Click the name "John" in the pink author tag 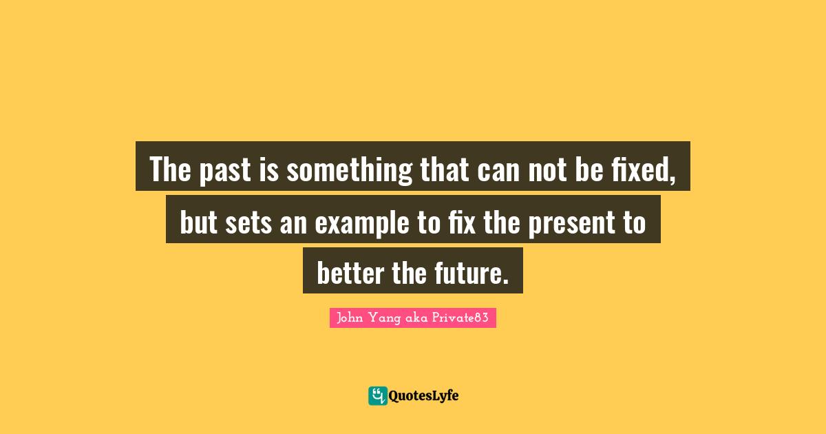[x=350, y=318]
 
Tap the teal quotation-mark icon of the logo [x=377, y=395]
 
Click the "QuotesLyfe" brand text [x=424, y=395]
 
